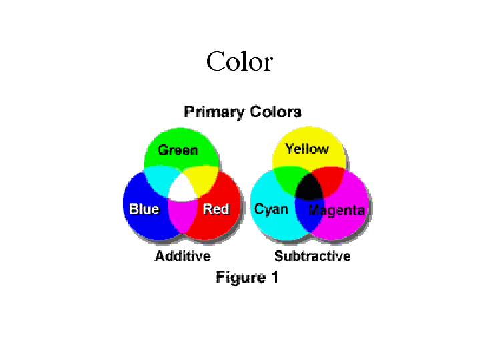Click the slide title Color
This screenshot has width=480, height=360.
[x=240, y=61]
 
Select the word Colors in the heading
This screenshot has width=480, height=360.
[x=276, y=112]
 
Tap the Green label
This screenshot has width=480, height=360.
[x=178, y=150]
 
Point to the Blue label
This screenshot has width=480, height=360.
[x=144, y=209]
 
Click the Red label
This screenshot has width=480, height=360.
[x=216, y=209]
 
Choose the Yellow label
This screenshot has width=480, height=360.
[x=307, y=149]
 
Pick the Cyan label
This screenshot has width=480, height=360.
[x=271, y=210]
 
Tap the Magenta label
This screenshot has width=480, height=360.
[x=336, y=210]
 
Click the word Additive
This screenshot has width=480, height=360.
[x=183, y=256]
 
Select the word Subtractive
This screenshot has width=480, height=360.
[x=312, y=256]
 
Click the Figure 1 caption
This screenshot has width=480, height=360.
[x=247, y=277]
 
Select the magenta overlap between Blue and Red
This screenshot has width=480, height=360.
[x=182, y=215]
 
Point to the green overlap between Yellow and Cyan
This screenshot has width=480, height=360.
[x=287, y=181]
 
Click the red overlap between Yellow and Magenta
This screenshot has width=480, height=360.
[x=330, y=181]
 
